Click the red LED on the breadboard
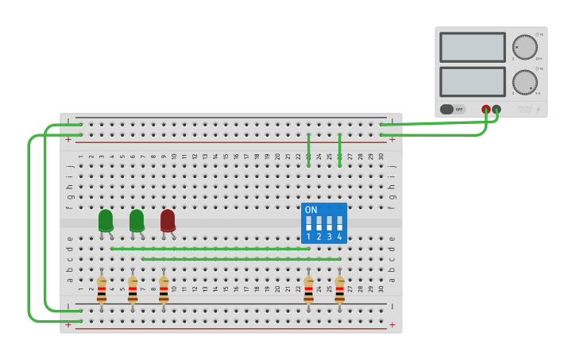pyautogui.click(x=168, y=220)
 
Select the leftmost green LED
pyautogui.click(x=106, y=220)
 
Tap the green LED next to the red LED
pyautogui.click(x=137, y=220)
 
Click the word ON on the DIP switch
pyautogui.click(x=311, y=210)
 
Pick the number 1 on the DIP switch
pyautogui.click(x=308, y=237)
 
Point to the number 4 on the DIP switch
pyautogui.click(x=339, y=237)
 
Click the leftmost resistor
pyautogui.click(x=102, y=289)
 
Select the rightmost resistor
pyautogui.click(x=339, y=289)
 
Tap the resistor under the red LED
pyautogui.click(x=164, y=289)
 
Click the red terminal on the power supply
pyautogui.click(x=486, y=109)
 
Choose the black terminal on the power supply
pyautogui.click(x=497, y=109)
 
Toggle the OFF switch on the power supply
pyautogui.click(x=452, y=109)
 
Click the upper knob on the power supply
pyautogui.click(x=524, y=47)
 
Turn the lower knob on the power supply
pyautogui.click(x=524, y=82)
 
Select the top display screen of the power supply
pyautogui.click(x=472, y=47)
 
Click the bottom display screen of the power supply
pyautogui.click(x=472, y=81)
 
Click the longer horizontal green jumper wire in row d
pyautogui.click(x=210, y=249)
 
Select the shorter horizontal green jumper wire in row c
pyautogui.click(x=241, y=259)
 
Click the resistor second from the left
pyautogui.click(x=133, y=289)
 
